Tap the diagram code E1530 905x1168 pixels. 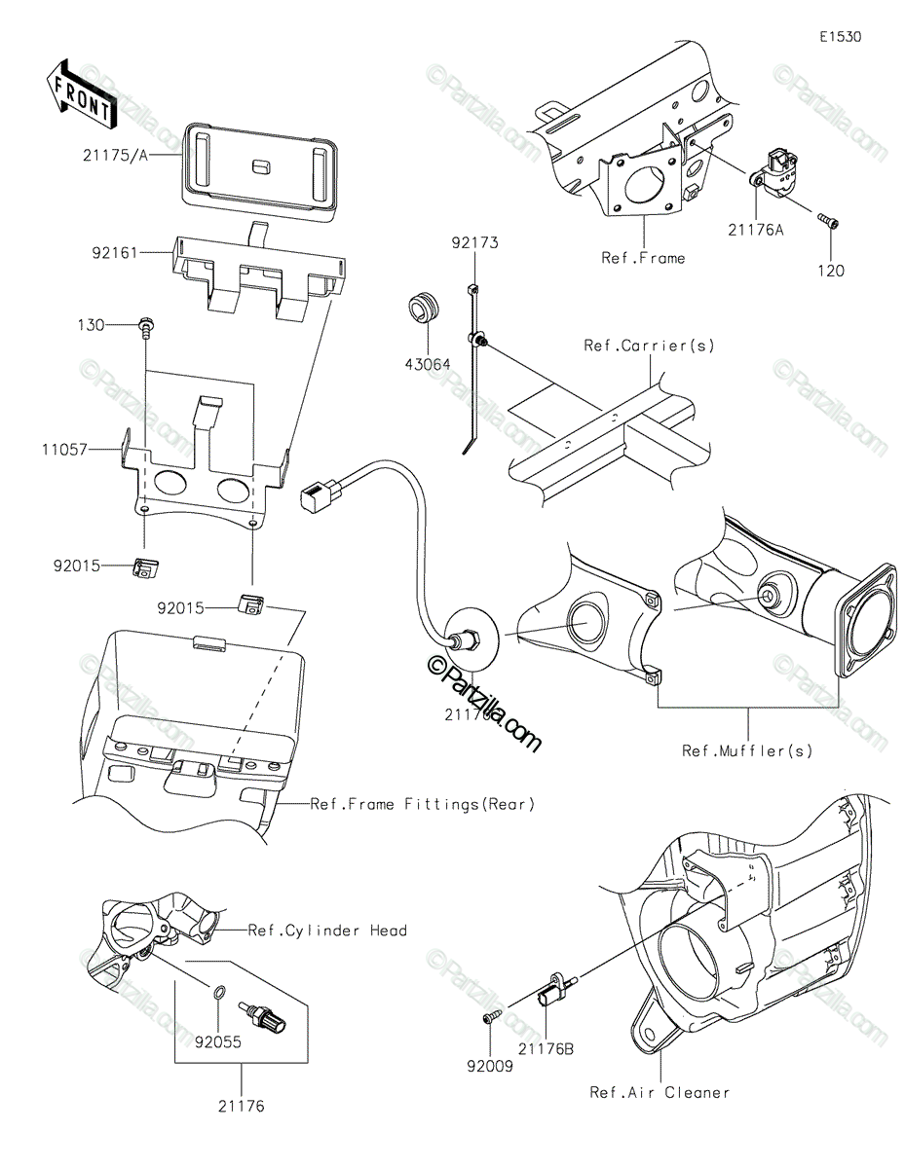point(840,37)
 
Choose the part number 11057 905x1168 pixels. point(63,451)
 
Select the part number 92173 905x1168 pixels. point(473,242)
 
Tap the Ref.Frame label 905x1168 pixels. point(643,258)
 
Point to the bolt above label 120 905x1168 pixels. point(828,222)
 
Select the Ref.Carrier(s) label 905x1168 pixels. point(648,346)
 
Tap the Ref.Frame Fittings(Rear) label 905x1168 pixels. point(423,804)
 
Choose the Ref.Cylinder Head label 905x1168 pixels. point(326,931)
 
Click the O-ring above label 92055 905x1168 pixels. point(221,992)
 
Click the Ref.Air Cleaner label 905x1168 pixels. point(660,1092)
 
